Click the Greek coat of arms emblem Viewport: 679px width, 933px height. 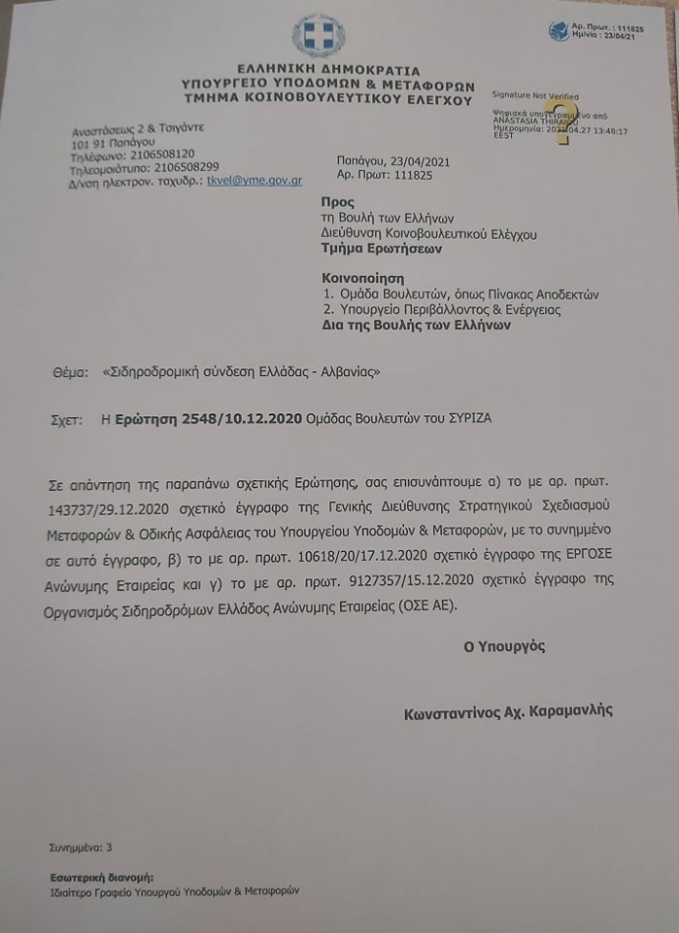(319, 35)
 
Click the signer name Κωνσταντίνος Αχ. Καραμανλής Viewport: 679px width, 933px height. (508, 712)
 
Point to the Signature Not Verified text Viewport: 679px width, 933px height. (535, 96)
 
